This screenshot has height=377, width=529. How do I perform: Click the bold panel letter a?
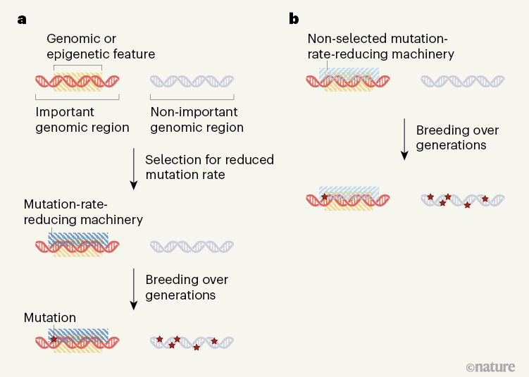23,19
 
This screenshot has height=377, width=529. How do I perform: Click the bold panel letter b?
294,19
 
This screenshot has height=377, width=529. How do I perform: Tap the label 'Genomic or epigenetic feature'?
101,46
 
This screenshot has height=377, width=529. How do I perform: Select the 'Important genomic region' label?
82,120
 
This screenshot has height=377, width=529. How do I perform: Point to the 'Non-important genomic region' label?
197,120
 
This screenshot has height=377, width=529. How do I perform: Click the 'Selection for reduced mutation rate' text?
209,167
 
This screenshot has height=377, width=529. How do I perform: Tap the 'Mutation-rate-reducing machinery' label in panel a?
83,212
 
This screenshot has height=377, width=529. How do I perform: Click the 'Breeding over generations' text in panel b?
457,138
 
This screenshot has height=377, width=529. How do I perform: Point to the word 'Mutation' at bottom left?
50,318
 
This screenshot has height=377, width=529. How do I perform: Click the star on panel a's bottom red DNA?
54,339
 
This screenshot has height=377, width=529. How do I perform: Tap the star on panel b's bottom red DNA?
325,197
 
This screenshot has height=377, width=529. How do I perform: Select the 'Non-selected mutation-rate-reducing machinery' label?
380,45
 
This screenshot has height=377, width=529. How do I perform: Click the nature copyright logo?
490,366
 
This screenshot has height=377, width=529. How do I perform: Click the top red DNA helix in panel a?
77,81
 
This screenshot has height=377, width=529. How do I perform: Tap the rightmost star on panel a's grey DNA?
214,341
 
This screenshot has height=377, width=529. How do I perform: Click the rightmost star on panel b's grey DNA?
485,199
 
